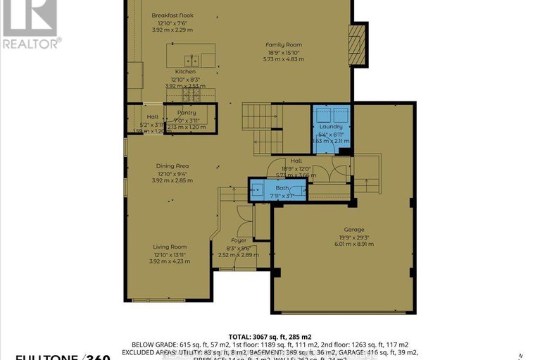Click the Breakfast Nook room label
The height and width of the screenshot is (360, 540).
pyautogui.click(x=172, y=15)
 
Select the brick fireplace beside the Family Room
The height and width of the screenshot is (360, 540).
pyautogui.click(x=359, y=44)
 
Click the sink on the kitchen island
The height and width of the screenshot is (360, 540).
pyautogui.click(x=191, y=60)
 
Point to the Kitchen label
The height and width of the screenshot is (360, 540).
pyautogui.click(x=185, y=72)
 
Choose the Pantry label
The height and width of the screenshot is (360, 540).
pyautogui.click(x=187, y=113)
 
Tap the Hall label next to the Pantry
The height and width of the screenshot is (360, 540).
pyautogui.click(x=152, y=117)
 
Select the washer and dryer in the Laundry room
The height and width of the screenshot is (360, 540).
pyautogui.click(x=332, y=115)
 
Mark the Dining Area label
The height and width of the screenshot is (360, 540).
pyautogui.click(x=172, y=166)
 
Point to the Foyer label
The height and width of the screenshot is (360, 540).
pyautogui.click(x=239, y=241)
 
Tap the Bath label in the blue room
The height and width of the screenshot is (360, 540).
pyautogui.click(x=282, y=188)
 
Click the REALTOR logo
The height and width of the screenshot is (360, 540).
pyautogui.click(x=30, y=25)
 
